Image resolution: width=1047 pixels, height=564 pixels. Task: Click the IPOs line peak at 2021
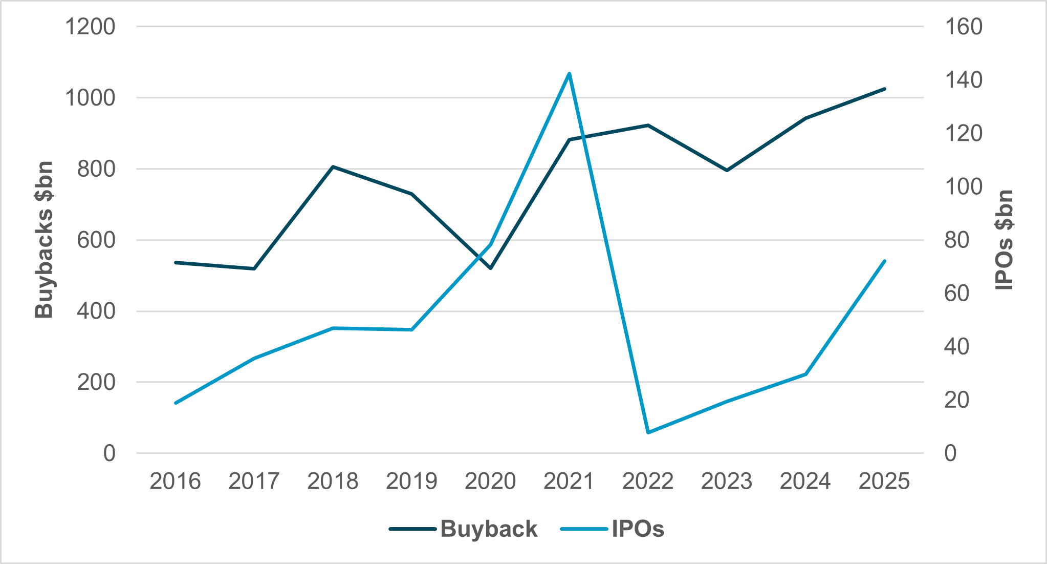[569, 74]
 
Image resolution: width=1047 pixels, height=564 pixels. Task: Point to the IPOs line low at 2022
[648, 432]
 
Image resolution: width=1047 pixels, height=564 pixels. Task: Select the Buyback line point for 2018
[333, 166]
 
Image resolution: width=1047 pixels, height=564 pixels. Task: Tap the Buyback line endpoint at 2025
[884, 89]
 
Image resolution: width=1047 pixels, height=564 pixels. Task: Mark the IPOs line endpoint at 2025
[884, 261]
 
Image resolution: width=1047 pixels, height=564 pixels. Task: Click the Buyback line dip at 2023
[727, 170]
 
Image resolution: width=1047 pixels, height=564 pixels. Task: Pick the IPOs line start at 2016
[176, 403]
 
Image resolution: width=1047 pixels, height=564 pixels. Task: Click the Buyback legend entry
[489, 529]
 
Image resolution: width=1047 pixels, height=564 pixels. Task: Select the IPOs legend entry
[638, 529]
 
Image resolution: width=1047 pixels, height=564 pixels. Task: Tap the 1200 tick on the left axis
[90, 27]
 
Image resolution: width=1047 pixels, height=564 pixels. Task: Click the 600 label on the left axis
[96, 240]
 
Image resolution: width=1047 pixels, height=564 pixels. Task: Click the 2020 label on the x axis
[490, 482]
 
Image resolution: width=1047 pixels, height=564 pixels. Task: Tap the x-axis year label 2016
[176, 482]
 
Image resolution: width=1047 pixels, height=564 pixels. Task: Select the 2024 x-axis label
[805, 482]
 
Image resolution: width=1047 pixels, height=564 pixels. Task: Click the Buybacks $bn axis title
[44, 240]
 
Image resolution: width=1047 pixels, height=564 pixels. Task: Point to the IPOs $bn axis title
[1004, 240]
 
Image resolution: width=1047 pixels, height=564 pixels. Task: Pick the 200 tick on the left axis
[96, 382]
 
